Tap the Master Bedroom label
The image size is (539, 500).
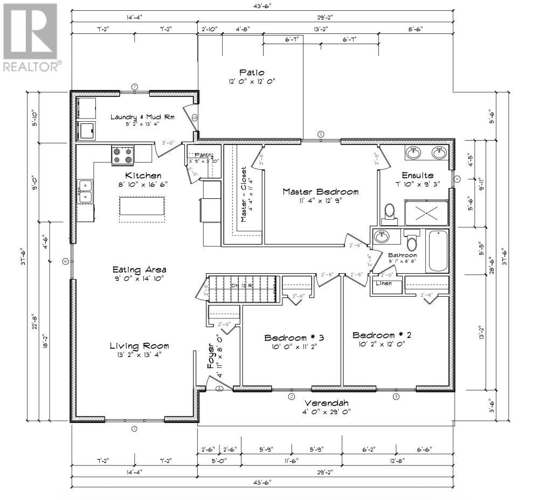click(313, 192)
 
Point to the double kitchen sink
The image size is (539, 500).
click(85, 191)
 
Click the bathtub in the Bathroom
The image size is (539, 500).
click(438, 252)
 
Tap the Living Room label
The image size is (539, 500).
click(139, 346)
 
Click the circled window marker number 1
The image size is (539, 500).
click(134, 429)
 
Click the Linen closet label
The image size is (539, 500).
click(383, 283)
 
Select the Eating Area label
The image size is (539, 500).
click(139, 269)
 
